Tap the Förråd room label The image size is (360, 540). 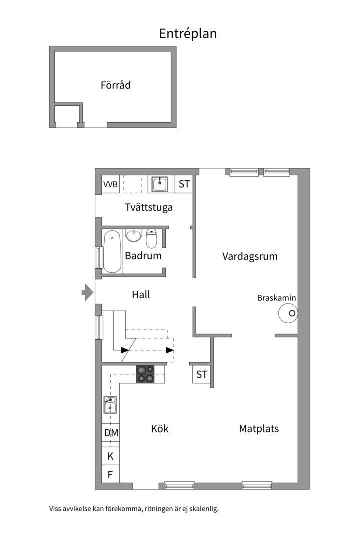[115, 85]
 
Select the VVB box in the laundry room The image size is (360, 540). [110, 184]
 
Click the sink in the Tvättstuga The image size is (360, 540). [160, 184]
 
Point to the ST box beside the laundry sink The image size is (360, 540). [184, 184]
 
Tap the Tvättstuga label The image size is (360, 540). [149, 207]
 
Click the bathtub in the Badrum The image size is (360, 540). [112, 251]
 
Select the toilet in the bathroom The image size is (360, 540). [152, 238]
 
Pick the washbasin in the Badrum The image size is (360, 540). [133, 235]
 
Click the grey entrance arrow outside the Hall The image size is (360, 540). [87, 292]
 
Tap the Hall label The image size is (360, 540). [141, 295]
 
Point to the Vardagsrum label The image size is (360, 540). [249, 256]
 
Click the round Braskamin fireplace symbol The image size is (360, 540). [288, 314]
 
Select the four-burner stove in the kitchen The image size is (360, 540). [145, 374]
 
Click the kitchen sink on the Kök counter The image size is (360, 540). [110, 405]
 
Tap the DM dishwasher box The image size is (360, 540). [111, 433]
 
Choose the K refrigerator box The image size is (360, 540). [110, 456]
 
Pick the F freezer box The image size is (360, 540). [110, 474]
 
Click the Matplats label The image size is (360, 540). [259, 429]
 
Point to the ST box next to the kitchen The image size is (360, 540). [201, 374]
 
